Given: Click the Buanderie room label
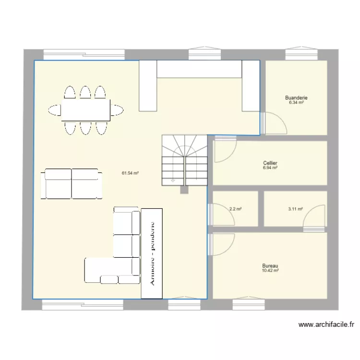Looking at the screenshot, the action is tap(296, 97).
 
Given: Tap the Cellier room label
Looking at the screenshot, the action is tap(270, 163).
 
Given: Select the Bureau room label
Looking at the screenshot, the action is tap(270, 265).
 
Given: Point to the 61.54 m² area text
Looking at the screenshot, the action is tap(130, 173).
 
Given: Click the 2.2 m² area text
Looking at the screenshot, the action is tap(235, 209).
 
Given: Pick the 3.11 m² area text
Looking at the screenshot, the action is tap(296, 209).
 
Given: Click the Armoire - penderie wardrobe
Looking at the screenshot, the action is tap(152, 253).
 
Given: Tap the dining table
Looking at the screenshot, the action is tap(86, 110).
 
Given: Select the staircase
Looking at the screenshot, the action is tap(185, 160).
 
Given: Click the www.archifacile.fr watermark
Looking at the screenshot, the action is tap(326, 324).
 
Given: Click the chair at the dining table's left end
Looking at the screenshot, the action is tap(55, 110).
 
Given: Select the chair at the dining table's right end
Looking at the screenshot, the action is tap(117, 110).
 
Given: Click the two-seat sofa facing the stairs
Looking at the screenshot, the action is tap(72, 184).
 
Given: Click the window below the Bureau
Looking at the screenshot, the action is tap(249, 303).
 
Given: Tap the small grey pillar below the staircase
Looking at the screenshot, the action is tap(184, 190).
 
